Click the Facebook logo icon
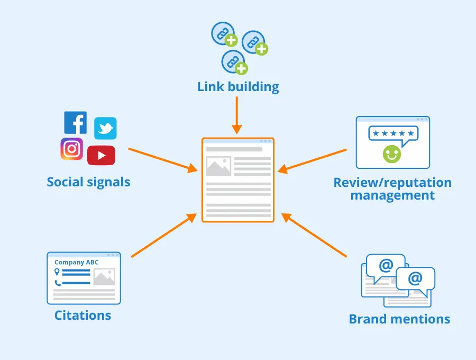(x=75, y=123)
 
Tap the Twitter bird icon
(x=105, y=129)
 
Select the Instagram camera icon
(x=72, y=149)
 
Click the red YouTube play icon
(x=101, y=155)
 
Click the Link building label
(x=238, y=87)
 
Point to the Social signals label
(x=88, y=182)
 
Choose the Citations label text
(x=83, y=316)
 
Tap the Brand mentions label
(x=399, y=319)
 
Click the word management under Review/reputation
(x=392, y=195)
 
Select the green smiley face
(x=392, y=154)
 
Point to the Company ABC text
(x=77, y=262)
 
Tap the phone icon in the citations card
(x=57, y=283)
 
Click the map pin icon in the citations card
(x=57, y=272)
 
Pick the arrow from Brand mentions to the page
(x=314, y=235)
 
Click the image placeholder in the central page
(x=218, y=166)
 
